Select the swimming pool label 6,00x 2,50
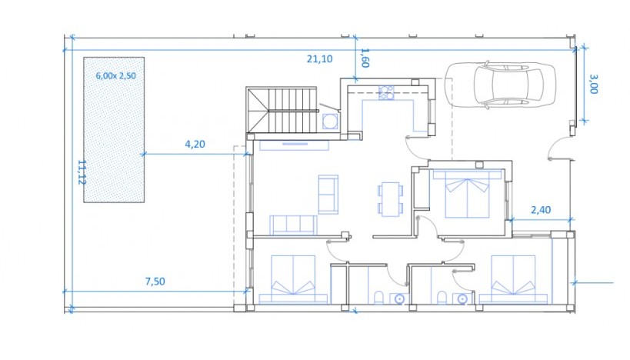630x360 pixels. tap(115, 75)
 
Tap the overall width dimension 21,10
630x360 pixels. tap(319, 59)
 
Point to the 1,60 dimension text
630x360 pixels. tap(365, 58)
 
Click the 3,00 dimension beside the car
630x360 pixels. tap(593, 83)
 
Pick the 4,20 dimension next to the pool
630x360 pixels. tap(195, 143)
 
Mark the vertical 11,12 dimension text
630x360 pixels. tap(82, 172)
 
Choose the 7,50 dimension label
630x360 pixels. tap(155, 281)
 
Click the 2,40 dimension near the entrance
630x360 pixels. tap(541, 208)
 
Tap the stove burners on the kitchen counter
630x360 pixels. tap(386, 93)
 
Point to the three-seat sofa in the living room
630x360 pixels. tap(293, 224)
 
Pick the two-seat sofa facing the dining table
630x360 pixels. tap(327, 194)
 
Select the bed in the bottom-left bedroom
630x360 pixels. tap(292, 278)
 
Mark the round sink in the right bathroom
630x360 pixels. tap(462, 298)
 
